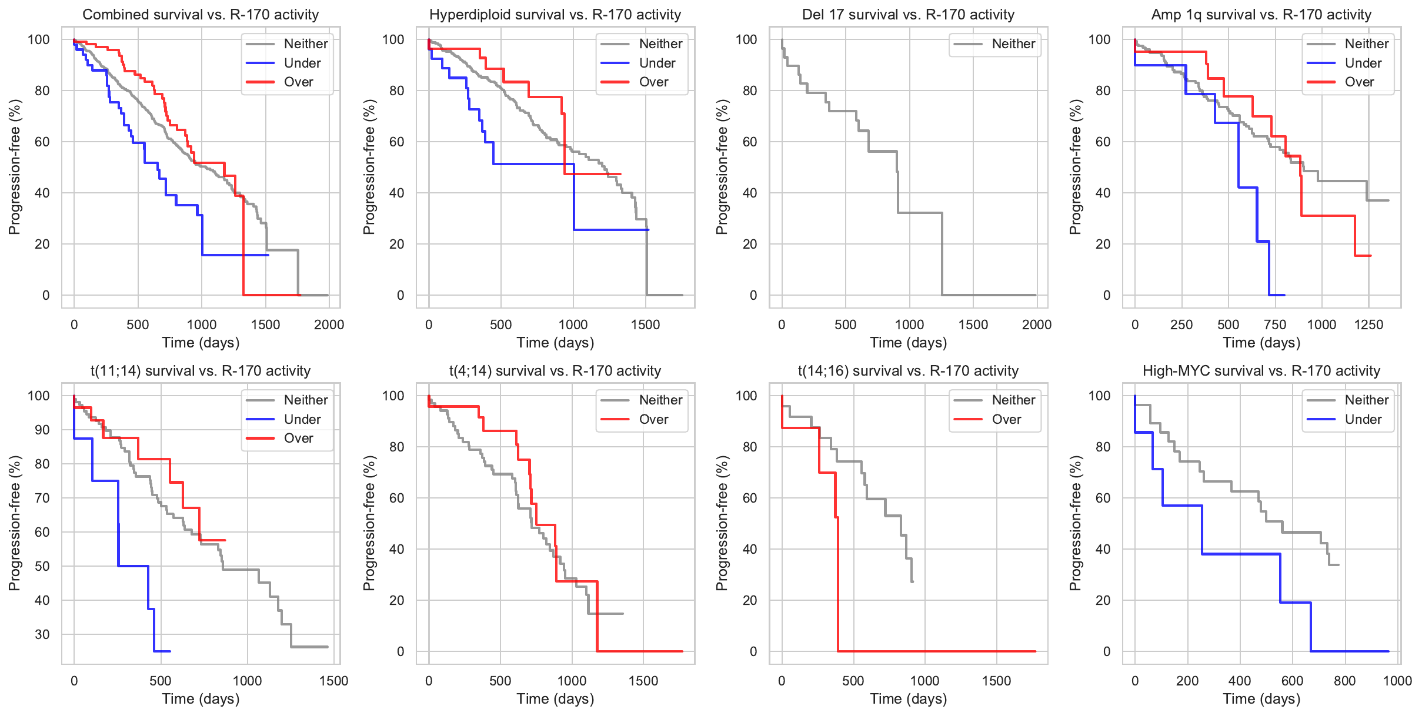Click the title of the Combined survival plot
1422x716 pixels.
(x=201, y=15)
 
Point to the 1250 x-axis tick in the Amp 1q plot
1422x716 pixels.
(x=1368, y=325)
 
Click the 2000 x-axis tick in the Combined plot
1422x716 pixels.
(x=329, y=325)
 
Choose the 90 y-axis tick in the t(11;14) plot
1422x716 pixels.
(x=42, y=430)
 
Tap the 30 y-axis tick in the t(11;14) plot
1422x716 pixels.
(x=42, y=634)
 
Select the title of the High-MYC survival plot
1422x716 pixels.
(x=1261, y=371)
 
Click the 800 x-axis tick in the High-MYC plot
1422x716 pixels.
(x=1344, y=681)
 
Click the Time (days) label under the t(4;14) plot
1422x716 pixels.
(x=555, y=699)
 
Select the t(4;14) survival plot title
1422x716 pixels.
(x=555, y=371)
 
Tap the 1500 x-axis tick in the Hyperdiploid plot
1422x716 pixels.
(x=645, y=325)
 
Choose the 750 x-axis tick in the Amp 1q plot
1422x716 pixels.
(x=1275, y=325)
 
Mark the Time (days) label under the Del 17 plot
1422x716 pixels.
(x=908, y=343)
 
